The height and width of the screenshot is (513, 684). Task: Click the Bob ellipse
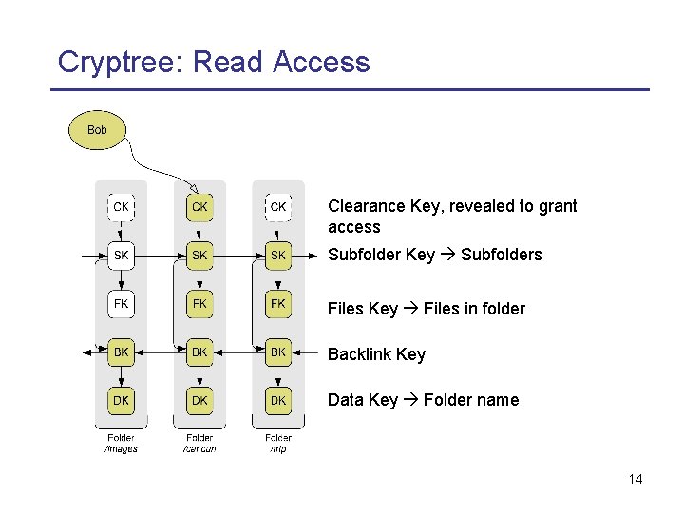pos(97,130)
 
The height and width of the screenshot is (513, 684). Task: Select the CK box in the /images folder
pos(121,206)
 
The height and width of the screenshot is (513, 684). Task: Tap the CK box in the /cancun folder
pos(199,206)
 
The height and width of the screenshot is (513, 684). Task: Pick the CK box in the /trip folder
pos(277,206)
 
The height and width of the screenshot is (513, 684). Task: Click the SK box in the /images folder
pos(121,256)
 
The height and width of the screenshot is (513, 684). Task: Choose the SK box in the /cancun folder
pos(199,256)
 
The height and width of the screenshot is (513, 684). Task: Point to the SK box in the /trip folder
pos(277,256)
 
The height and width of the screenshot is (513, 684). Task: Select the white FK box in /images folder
pos(121,304)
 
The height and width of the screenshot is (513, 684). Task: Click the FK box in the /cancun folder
pos(199,304)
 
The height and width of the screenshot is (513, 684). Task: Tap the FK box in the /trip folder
pos(277,304)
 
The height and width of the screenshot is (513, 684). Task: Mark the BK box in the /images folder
pos(121,352)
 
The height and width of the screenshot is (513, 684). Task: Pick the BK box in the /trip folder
pos(277,352)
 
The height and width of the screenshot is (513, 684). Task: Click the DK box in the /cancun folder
pos(199,401)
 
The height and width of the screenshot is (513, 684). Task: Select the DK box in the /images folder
pos(121,401)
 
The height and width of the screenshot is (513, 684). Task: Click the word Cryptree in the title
pos(120,63)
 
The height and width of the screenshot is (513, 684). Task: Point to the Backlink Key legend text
pos(376,354)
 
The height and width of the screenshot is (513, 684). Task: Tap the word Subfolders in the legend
pos(501,255)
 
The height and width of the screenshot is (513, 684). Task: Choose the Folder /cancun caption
pos(199,444)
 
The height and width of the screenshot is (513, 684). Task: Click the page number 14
pos(636,479)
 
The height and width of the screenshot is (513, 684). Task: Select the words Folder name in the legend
pos(470,400)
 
